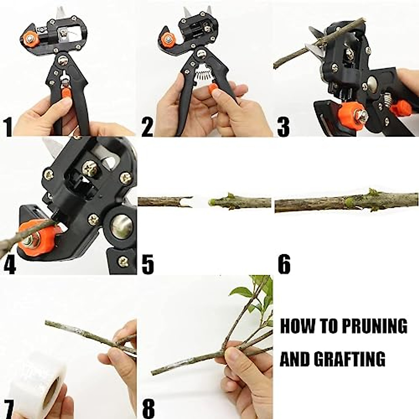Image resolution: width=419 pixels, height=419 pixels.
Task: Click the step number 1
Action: tap(8, 127)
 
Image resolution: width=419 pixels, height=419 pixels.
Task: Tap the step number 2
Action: tap(147, 127)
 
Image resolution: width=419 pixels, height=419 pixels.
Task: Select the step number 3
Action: tap(283, 127)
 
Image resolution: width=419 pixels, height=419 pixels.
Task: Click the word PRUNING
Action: tap(374, 326)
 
